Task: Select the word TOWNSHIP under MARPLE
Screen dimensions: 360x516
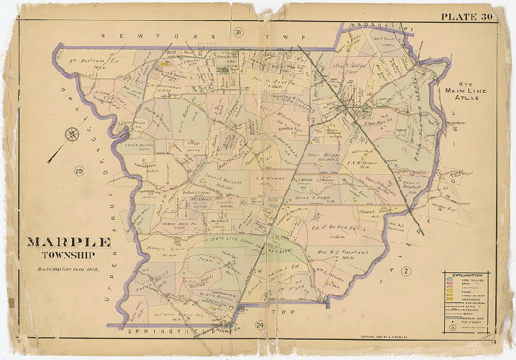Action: point(69,254)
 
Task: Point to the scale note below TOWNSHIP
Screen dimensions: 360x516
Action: point(70,269)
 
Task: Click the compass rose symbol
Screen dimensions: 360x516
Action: point(72,133)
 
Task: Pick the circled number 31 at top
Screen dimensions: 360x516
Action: point(237,32)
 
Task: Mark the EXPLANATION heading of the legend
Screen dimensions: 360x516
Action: point(467,274)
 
